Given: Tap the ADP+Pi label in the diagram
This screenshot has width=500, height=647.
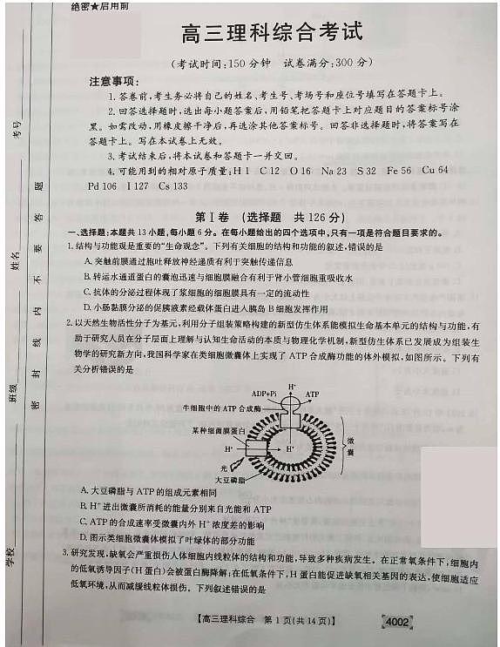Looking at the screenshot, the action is click(264, 394).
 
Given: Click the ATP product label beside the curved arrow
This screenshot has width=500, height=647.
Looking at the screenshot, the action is click(311, 394).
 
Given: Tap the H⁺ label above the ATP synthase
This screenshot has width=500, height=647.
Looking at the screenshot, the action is click(292, 384).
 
